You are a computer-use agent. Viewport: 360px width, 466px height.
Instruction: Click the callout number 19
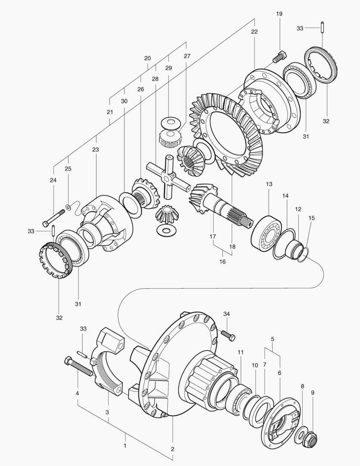(279, 14)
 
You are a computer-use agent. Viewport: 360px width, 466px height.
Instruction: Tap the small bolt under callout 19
(279, 56)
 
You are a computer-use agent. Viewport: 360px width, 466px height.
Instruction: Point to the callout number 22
(254, 32)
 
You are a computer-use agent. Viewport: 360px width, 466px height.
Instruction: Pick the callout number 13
(269, 184)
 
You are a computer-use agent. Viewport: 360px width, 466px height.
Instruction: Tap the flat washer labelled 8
(300, 435)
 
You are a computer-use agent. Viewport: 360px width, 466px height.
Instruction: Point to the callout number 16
(222, 261)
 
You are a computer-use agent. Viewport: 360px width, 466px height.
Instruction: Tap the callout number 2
(172, 449)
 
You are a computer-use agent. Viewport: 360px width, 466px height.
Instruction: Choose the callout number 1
(125, 445)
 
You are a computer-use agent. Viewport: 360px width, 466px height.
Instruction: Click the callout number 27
(187, 56)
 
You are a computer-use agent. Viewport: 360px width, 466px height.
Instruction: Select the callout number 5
(272, 339)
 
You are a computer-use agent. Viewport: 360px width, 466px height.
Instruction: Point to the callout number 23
(95, 150)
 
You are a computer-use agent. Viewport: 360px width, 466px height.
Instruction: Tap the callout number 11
(241, 352)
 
